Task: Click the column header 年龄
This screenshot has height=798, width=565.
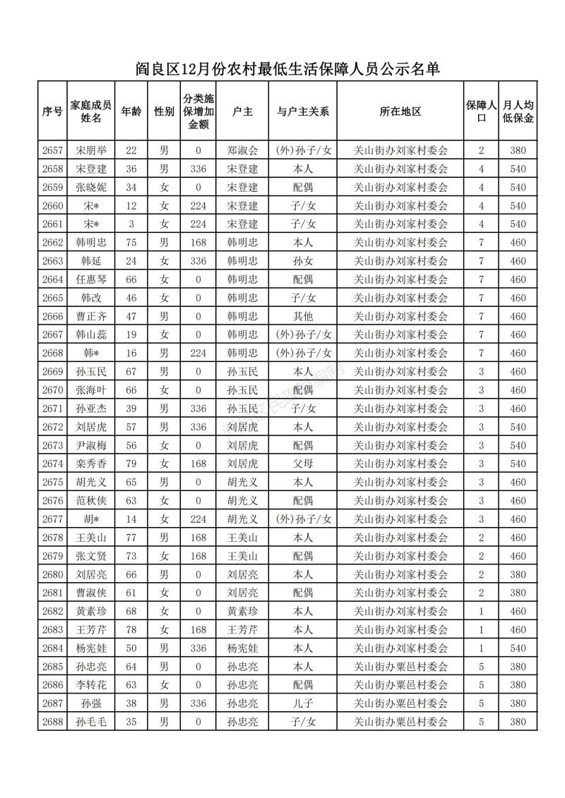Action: [x=131, y=111]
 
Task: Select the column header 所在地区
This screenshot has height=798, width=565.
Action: [x=400, y=111]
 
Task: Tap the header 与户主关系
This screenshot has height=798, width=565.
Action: [x=303, y=111]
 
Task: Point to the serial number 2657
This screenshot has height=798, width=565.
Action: [x=53, y=150]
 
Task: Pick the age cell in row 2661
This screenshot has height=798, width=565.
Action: [x=131, y=224]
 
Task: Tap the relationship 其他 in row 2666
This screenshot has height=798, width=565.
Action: [x=303, y=316]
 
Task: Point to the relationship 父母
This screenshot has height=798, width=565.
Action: [x=303, y=464]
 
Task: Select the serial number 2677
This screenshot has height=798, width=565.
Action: [x=53, y=519]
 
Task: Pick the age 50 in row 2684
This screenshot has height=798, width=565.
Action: [x=131, y=648]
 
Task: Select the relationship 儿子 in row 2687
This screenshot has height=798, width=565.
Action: [x=303, y=703]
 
